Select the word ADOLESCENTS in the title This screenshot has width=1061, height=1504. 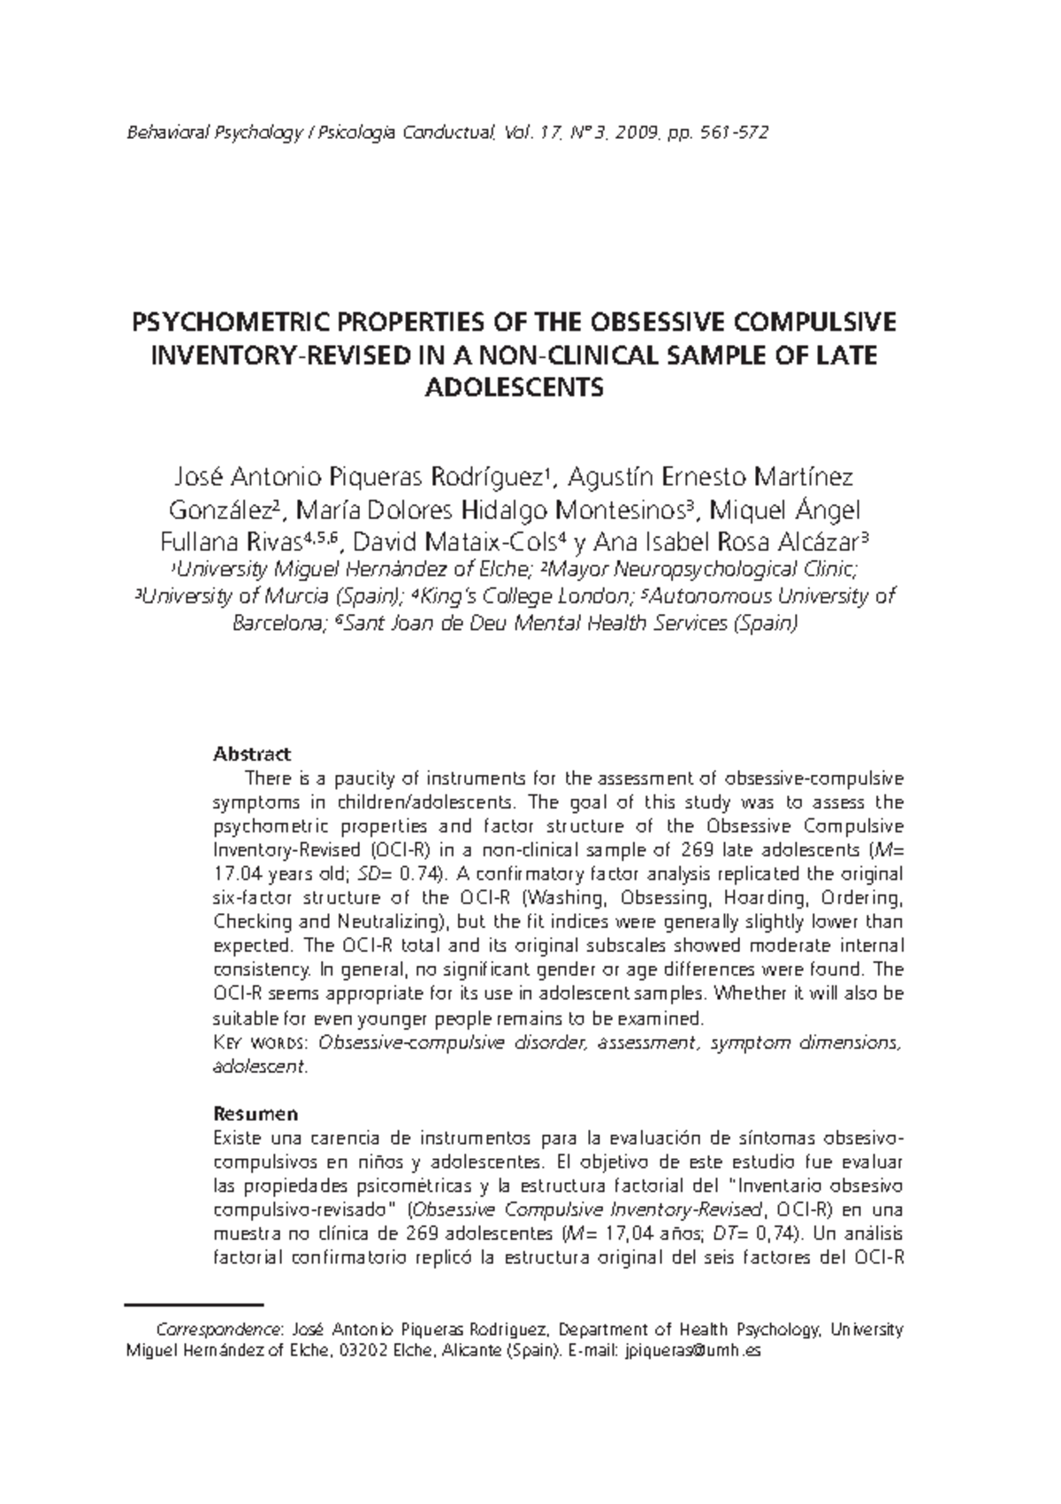click(x=515, y=388)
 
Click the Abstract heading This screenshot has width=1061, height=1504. click(x=252, y=755)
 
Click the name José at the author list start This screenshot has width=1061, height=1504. click(x=195, y=478)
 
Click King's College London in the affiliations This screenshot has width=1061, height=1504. click(x=526, y=595)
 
